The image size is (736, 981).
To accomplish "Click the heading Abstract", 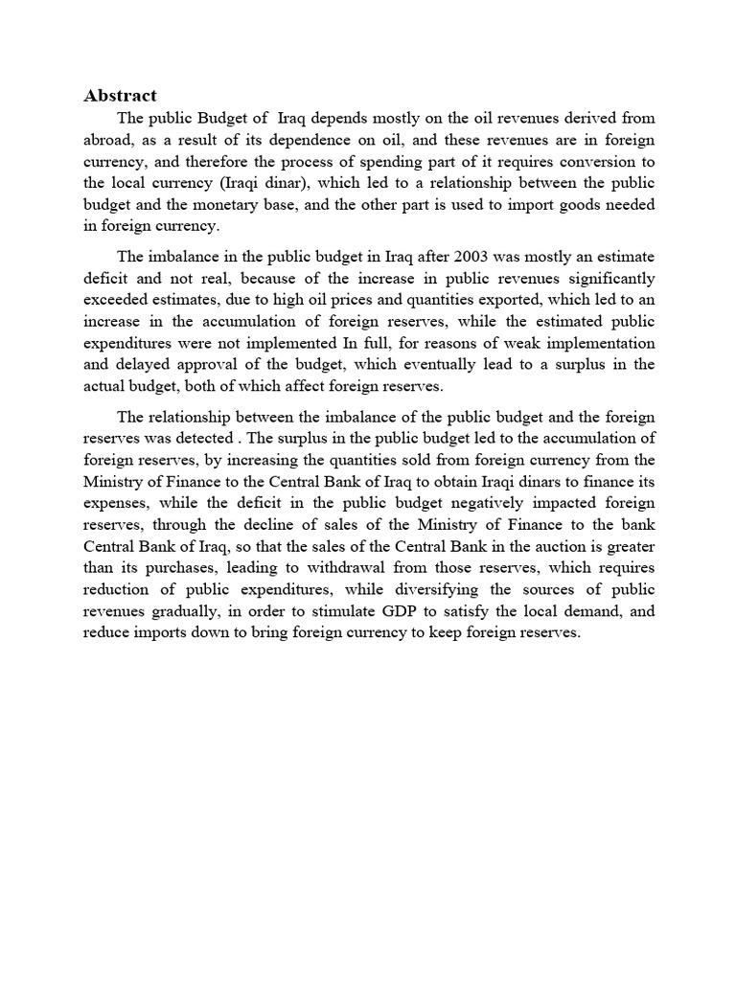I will tap(121, 95).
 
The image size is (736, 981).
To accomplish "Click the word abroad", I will tap(108, 139).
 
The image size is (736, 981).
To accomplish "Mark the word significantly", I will tap(605, 279).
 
